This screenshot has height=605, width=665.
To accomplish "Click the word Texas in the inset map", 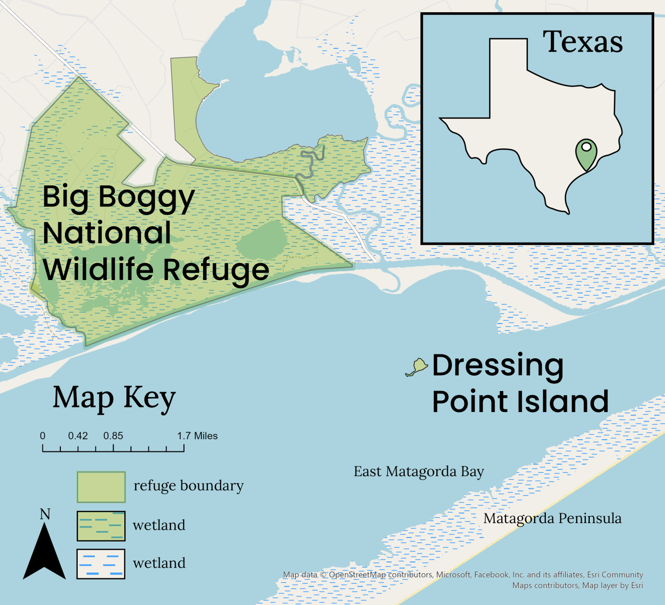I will pyautogui.click(x=583, y=42).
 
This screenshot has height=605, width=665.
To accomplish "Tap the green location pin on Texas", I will pyautogui.click(x=586, y=153).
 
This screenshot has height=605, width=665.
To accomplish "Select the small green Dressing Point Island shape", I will pyautogui.click(x=418, y=366).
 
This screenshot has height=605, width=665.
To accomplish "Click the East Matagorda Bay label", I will pyautogui.click(x=418, y=471).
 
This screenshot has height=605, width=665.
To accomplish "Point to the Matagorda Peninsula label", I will pyautogui.click(x=552, y=518).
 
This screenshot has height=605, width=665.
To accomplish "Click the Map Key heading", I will pyautogui.click(x=114, y=398).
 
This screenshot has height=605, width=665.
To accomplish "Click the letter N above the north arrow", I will pyautogui.click(x=45, y=514).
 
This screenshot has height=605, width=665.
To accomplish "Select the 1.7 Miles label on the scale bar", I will pyautogui.click(x=197, y=436).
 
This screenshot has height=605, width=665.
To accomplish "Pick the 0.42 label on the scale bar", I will pyautogui.click(x=78, y=436).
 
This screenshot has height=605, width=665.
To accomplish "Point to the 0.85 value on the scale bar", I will pyautogui.click(x=113, y=436).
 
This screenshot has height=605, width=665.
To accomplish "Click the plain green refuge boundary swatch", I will pyautogui.click(x=101, y=487).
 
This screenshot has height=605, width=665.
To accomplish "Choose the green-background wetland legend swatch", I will pyautogui.click(x=101, y=526).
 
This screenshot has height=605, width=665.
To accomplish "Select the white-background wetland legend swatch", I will pyautogui.click(x=101, y=564).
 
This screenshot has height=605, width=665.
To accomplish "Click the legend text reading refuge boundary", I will pyautogui.click(x=188, y=486).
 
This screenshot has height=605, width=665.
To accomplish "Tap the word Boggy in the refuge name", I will pyautogui.click(x=146, y=198).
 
